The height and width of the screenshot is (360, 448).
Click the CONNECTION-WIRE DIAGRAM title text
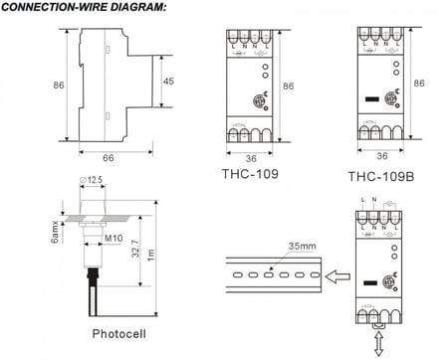(84, 8)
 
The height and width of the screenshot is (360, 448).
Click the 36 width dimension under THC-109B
(382, 155)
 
